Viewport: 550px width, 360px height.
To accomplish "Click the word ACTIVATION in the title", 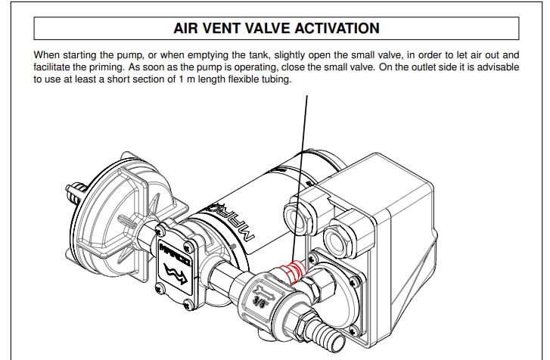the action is pyautogui.click(x=337, y=29).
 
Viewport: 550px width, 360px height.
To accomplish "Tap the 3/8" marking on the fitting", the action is pyautogui.click(x=259, y=301).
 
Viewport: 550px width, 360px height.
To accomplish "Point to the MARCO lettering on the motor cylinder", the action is pyautogui.click(x=232, y=222).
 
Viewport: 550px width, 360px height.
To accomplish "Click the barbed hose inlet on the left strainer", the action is pyautogui.click(x=75, y=191).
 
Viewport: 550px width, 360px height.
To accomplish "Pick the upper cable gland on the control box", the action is pyautogui.click(x=297, y=215).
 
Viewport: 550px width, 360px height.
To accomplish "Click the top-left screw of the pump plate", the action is pyautogui.click(x=160, y=231).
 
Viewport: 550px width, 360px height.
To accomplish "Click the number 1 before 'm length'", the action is pyautogui.click(x=182, y=79).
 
